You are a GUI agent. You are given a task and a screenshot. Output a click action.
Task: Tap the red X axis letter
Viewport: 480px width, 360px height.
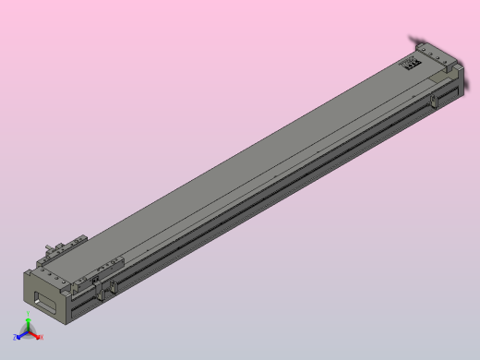click(x=42, y=337)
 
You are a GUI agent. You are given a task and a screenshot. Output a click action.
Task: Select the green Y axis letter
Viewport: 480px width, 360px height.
click(x=29, y=317)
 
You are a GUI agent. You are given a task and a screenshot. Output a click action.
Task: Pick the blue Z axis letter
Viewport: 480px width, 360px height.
click(x=15, y=338)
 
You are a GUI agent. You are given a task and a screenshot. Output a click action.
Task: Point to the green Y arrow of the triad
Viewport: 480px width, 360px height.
click(x=29, y=324)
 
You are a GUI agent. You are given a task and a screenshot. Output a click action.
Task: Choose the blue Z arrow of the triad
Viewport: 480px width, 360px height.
click(x=21, y=336)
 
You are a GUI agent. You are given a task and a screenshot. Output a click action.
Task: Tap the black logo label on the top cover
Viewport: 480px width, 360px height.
click(x=410, y=63)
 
